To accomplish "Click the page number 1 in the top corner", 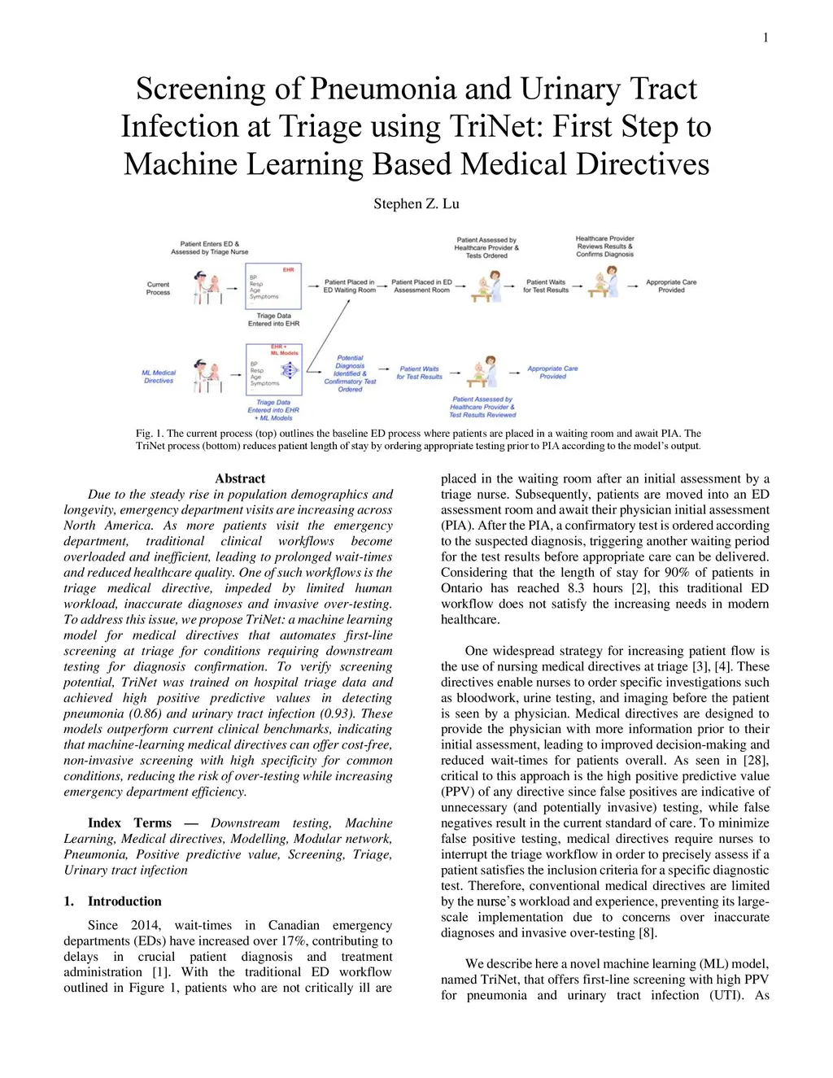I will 765,37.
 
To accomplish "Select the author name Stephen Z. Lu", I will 416,203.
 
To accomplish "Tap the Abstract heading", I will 240,478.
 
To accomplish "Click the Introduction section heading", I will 124,901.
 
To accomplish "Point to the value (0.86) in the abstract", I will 147,714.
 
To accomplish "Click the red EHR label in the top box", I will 289,269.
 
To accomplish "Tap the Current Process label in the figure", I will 158,288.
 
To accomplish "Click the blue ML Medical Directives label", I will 159,377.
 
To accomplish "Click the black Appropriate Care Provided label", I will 671,286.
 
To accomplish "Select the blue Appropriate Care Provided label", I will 552,372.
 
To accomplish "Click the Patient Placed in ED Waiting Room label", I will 350,286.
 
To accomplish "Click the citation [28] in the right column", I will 756,761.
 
